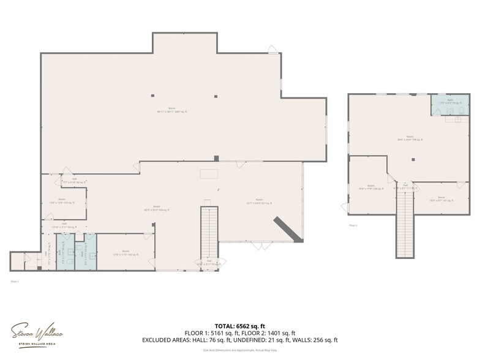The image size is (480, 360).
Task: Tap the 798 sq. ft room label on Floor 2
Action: (410, 138)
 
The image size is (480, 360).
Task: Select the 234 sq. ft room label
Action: (370, 187)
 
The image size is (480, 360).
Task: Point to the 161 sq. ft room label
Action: (441, 198)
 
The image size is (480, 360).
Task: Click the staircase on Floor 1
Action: (209, 233)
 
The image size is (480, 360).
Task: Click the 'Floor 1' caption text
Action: (15, 281)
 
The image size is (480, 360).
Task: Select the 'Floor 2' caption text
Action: (353, 225)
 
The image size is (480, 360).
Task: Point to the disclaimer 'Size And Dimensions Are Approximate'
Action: (239, 350)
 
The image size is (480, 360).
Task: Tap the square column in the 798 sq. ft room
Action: (413, 160)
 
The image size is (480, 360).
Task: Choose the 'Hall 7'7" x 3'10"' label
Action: (75, 181)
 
